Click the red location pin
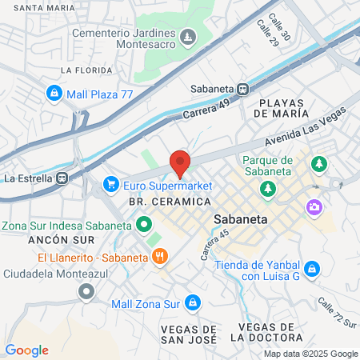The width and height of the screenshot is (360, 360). pyautogui.click(x=180, y=162)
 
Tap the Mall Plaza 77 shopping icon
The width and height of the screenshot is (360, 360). pyautogui.click(x=54, y=93)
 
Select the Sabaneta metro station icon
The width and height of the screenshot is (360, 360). pyautogui.click(x=242, y=90)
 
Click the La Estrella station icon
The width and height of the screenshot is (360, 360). pyautogui.click(x=62, y=178)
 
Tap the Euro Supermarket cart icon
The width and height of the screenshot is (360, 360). pyautogui.click(x=110, y=186)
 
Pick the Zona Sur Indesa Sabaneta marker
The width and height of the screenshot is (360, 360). pyautogui.click(x=143, y=225)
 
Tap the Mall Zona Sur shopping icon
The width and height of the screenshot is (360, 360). pyautogui.click(x=192, y=303)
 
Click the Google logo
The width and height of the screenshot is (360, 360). pyautogui.click(x=26, y=350)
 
